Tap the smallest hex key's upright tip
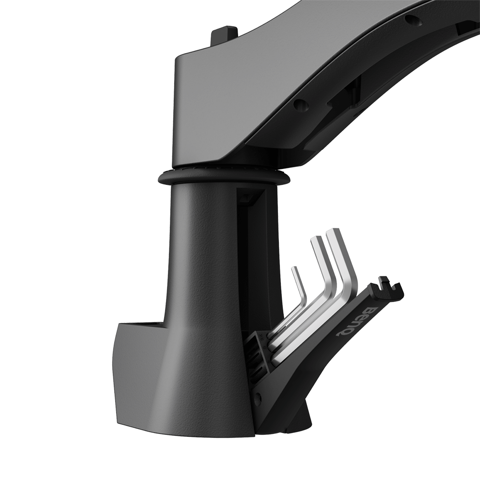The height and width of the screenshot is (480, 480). pos(295,269)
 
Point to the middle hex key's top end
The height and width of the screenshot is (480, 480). pos(316,239)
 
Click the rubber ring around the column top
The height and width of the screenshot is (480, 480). pos(224,177)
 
